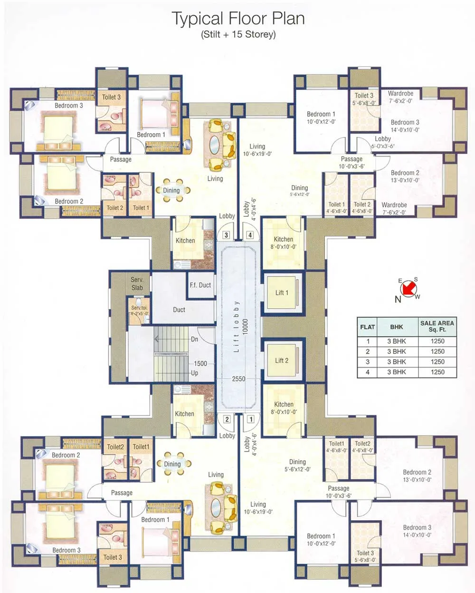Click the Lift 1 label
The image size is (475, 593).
pos(282,292)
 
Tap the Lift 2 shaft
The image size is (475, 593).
pos(282,360)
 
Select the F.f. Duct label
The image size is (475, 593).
pos(200,285)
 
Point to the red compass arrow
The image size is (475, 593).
pos(408,288)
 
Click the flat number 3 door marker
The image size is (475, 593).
pos(226,235)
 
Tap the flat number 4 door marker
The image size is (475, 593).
pos(250,235)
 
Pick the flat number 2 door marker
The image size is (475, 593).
pos(227,419)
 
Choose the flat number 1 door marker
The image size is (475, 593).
pos(250,419)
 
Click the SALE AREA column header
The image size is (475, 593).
pos(437,326)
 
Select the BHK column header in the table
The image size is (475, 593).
pos(397,327)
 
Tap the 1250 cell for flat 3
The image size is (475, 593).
pos(437,362)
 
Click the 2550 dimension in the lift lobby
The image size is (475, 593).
pos(238,379)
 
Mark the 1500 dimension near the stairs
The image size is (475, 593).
pos(200,363)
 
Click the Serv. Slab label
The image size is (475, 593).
pos(137,283)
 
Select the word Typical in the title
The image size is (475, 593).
pos(197,19)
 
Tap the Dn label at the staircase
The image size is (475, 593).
pos(194,340)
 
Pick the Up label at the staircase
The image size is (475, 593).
pos(194,373)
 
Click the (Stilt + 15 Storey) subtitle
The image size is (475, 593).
pos(238,34)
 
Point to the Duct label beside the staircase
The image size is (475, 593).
pos(179,310)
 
